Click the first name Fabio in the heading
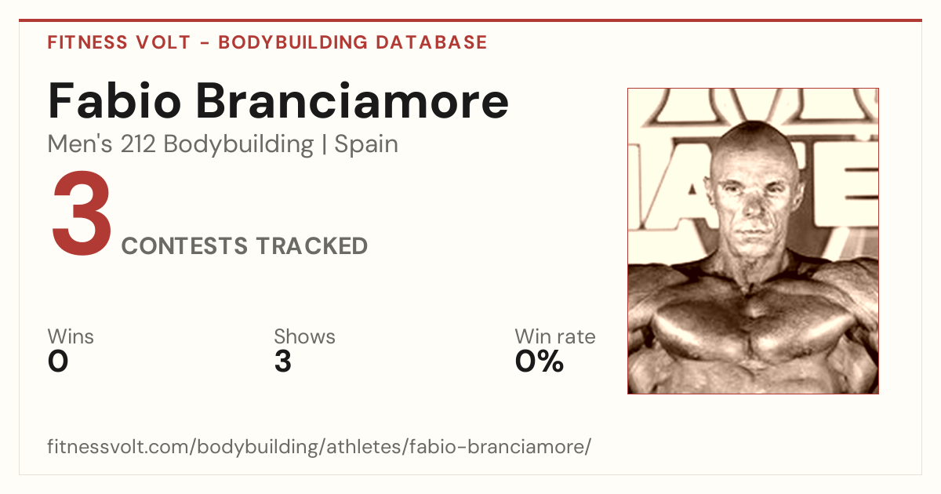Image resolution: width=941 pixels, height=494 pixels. tap(114, 100)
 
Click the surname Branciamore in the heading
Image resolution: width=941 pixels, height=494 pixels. tap(352, 100)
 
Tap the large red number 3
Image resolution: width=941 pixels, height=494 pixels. tap(82, 212)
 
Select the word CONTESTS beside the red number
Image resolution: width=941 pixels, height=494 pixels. tap(184, 245)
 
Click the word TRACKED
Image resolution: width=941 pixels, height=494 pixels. tap(312, 245)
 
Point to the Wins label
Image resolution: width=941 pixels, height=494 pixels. tap(71, 336)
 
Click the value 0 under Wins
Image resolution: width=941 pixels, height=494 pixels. tap(58, 361)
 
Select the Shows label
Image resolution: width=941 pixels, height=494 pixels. tap(304, 336)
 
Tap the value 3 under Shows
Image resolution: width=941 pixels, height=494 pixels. tap(283, 361)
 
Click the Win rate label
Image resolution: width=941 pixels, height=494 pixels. tap(555, 336)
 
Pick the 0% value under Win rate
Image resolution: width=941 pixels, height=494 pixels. tap(540, 361)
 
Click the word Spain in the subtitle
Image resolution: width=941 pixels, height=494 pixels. tap(366, 144)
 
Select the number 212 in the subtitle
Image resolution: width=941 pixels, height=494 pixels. tap(138, 144)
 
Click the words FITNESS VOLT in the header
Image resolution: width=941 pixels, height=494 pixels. tap(119, 42)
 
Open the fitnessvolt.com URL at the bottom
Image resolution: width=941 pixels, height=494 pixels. tap(319, 446)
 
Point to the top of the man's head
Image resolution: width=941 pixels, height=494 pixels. tap(754, 122)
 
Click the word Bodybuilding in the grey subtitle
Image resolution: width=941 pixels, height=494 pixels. tap(238, 144)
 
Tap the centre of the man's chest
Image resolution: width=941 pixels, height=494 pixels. tap(753, 323)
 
